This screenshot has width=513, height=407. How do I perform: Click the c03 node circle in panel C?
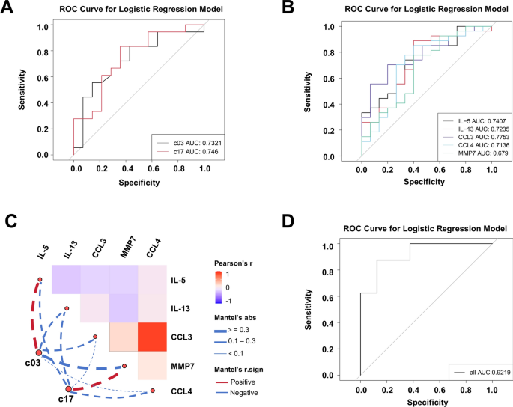click(x=37, y=352)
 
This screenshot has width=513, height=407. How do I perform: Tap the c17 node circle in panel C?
click(x=69, y=389)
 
